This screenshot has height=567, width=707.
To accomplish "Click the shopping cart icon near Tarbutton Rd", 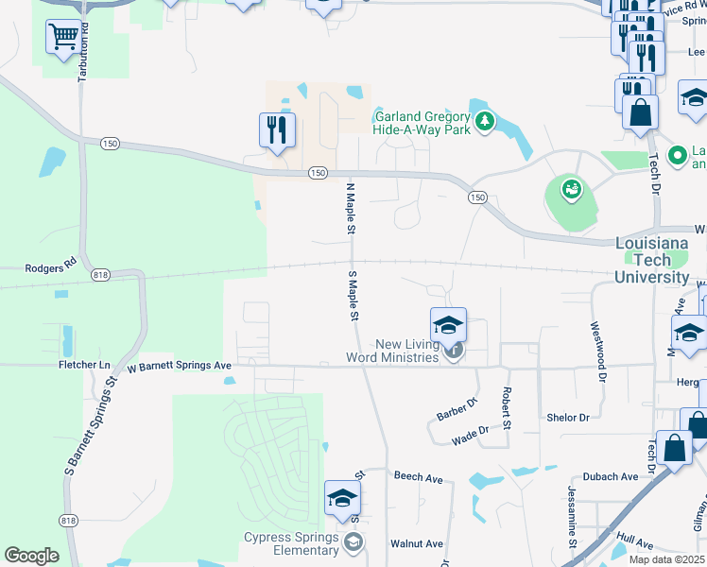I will coord(63,37).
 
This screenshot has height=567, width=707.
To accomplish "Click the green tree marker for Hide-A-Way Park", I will coord(485,122).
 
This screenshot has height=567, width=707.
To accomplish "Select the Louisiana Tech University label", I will coord(652,259).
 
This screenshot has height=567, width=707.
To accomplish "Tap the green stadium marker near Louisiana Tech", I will coord(571,190).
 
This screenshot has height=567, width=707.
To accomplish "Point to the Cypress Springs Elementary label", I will coord(292,544).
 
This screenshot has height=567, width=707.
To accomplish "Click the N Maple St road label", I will coord(349,208).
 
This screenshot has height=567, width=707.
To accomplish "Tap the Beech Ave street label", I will coord(419,478).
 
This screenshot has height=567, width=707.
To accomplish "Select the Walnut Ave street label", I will coord(417,543).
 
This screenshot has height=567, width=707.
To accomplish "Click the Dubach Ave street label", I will coord(611,477).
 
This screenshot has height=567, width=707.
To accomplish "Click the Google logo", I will coord(31,556).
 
